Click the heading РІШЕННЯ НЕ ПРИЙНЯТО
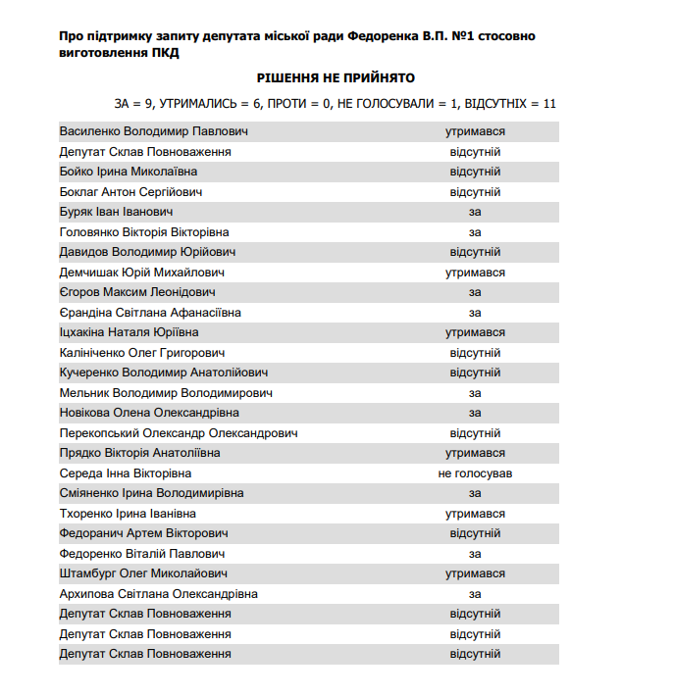coord(337,77)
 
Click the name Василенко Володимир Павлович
coord(154,131)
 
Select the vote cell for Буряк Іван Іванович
coord(475,212)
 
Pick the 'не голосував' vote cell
coord(475,473)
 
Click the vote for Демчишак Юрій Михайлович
coord(475,273)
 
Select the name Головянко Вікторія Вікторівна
coord(144,232)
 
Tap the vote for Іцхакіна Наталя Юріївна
coord(475,332)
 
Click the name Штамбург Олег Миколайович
coord(143,574)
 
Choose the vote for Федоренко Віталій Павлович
coord(475,554)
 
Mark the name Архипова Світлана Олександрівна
coord(159,594)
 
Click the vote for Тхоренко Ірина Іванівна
coord(475,514)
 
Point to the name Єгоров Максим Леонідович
coord(137,292)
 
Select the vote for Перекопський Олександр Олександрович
coord(475,433)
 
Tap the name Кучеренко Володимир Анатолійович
coord(164,373)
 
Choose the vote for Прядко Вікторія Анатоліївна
coord(475,453)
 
